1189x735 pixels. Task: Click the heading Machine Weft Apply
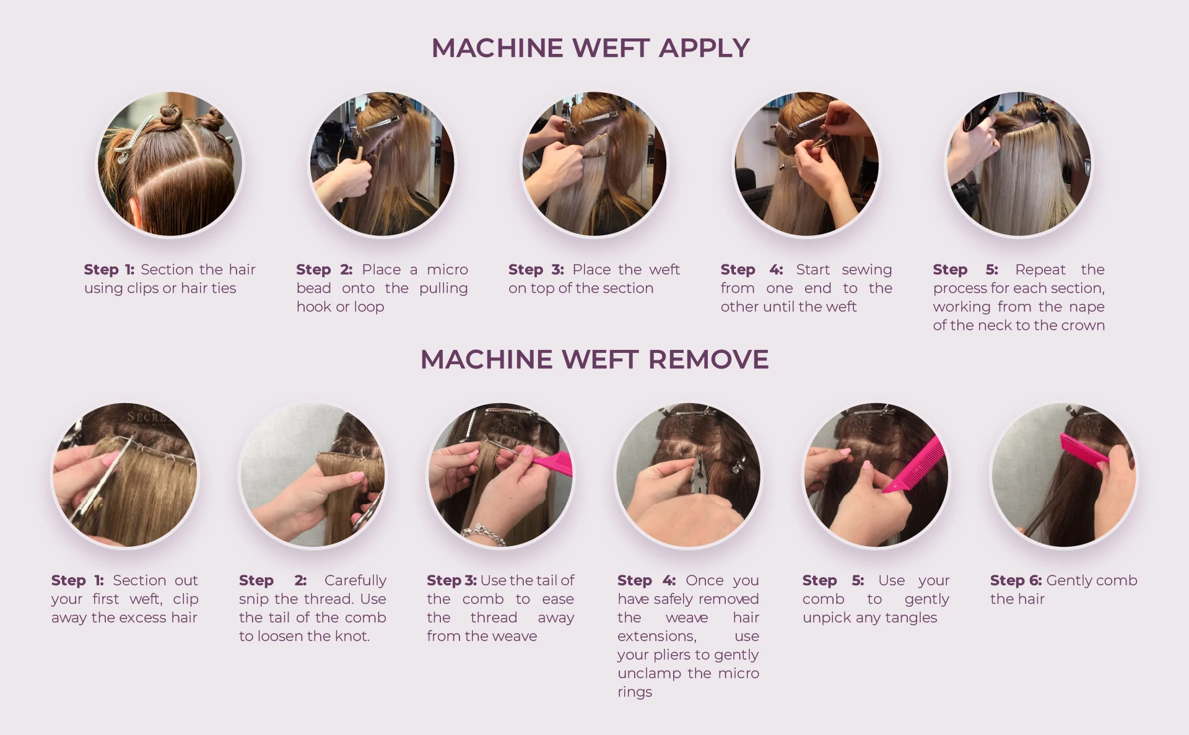click(x=590, y=48)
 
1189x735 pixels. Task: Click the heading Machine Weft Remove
click(x=594, y=359)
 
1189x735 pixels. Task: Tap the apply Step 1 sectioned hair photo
click(x=170, y=164)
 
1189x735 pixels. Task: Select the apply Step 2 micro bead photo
click(x=382, y=164)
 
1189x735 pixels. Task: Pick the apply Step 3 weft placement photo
click(x=594, y=164)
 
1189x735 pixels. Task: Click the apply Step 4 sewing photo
click(x=806, y=164)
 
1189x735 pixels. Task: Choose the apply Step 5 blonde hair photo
click(x=1019, y=164)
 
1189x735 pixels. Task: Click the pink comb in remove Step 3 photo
click(x=552, y=463)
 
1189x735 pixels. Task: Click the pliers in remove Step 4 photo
click(x=700, y=477)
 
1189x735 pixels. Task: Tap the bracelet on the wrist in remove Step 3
click(x=482, y=534)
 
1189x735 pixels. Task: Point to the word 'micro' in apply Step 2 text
click(x=447, y=270)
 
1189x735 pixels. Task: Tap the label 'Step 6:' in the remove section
click(x=1016, y=581)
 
